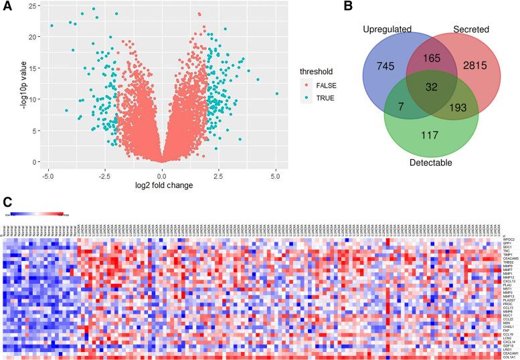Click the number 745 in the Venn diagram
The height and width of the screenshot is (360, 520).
point(387,64)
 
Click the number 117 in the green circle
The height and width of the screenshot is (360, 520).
point(430,135)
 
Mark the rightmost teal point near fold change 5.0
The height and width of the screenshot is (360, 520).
point(276,94)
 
